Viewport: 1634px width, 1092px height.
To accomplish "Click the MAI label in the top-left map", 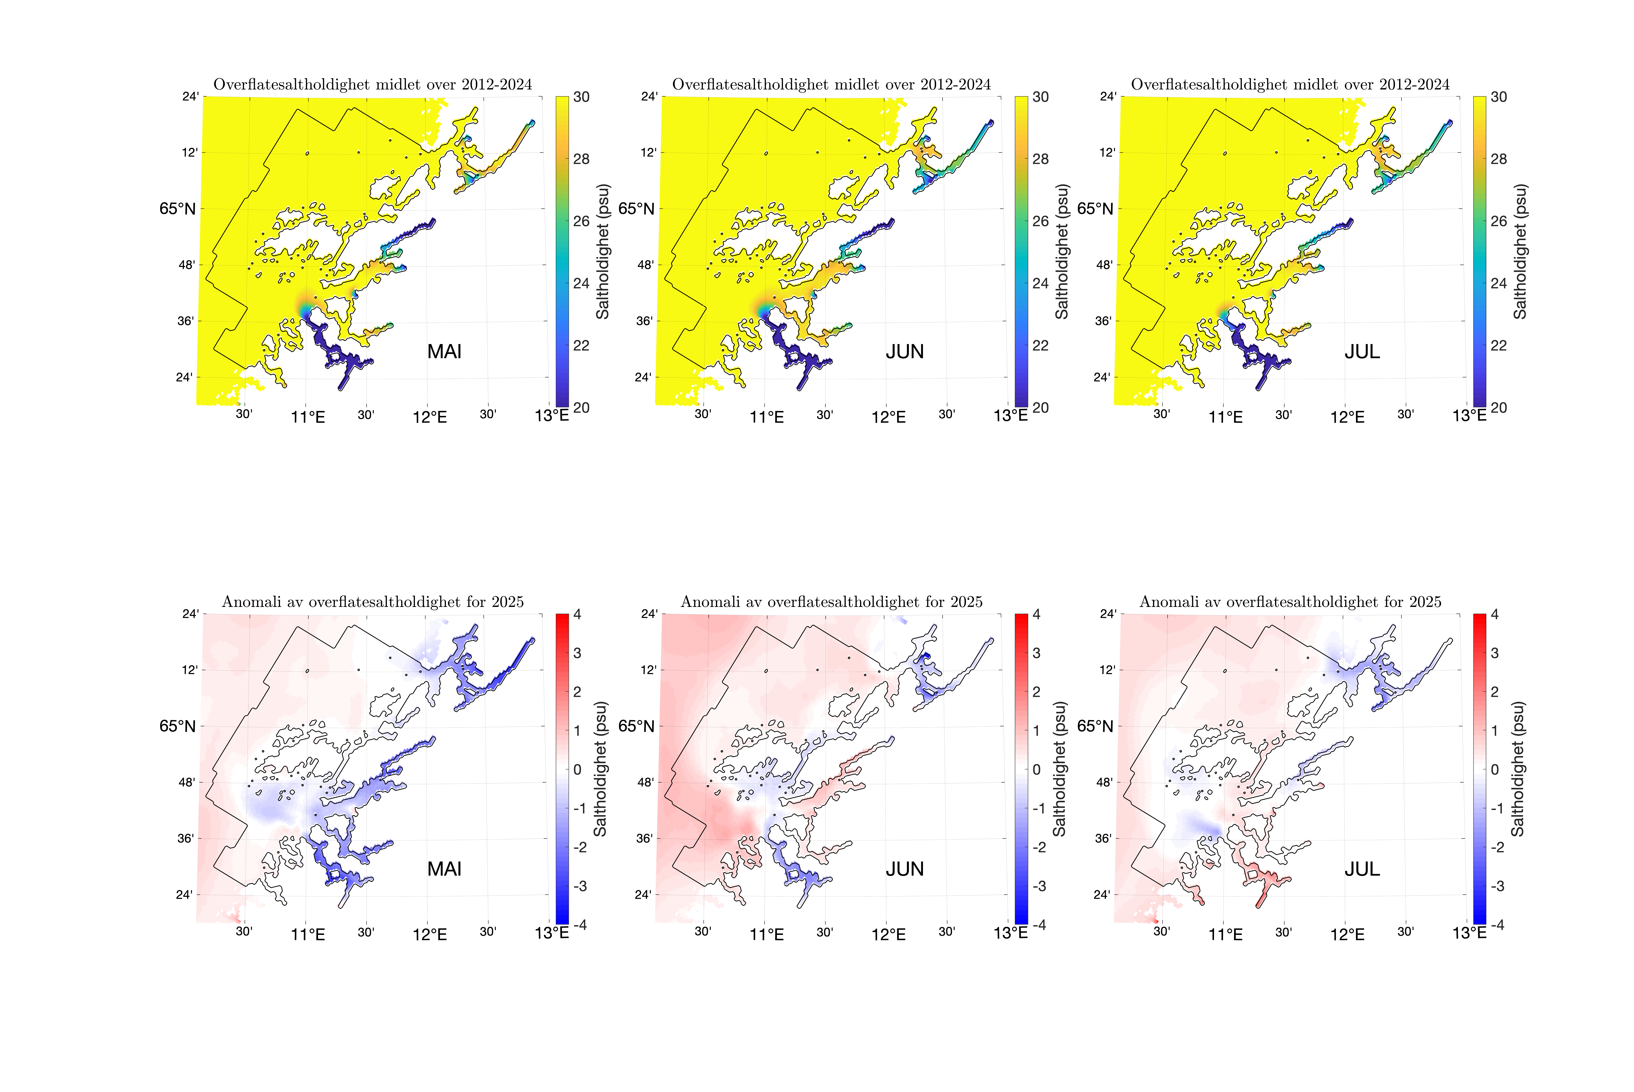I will (444, 352).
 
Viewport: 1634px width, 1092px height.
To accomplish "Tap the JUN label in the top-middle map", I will (904, 352).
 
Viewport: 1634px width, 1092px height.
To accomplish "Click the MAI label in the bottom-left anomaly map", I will (444, 869).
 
